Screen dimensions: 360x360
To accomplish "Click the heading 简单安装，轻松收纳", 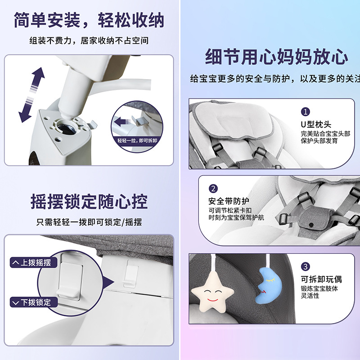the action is (x=89, y=20).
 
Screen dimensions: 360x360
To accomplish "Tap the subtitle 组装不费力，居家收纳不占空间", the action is (x=89, y=40).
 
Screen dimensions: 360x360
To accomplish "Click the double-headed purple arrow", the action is (x=31, y=94).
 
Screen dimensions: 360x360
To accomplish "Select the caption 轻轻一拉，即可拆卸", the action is (x=137, y=140).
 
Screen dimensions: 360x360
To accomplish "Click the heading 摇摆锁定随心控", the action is (x=89, y=201).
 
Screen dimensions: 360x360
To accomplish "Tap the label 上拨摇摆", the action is (x=33, y=262).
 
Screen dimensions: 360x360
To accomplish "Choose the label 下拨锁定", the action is (x=33, y=302).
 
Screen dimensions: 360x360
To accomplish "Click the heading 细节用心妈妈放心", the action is (x=276, y=57).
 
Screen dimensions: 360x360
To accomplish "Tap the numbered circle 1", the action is (x=306, y=112).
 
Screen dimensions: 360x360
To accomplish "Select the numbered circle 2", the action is (x=213, y=189).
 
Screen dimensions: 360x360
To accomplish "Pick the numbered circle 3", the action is (x=306, y=266).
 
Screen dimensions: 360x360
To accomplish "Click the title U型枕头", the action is (x=316, y=124).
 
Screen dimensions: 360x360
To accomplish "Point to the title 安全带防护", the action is (x=229, y=201).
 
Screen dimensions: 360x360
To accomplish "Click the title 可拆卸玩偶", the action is (x=321, y=279).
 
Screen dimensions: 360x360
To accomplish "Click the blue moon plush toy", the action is (x=269, y=286).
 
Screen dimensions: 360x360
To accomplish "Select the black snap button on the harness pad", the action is (x=311, y=224).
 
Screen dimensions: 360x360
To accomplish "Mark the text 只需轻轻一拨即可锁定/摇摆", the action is (x=89, y=222).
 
